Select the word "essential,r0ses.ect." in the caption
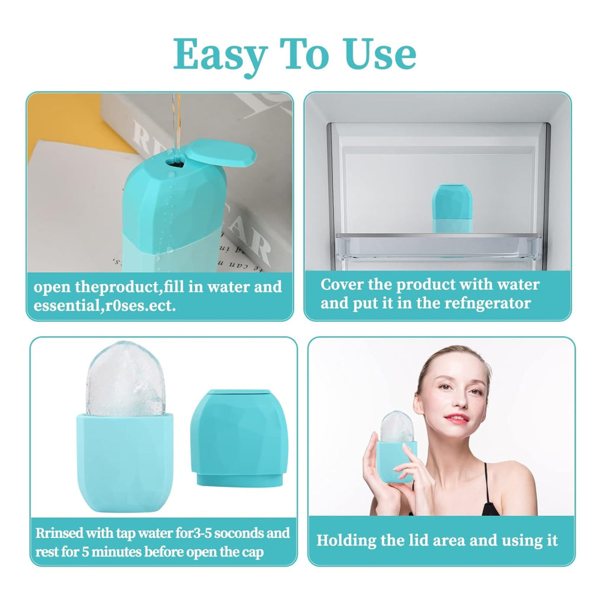105,307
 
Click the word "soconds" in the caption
237,533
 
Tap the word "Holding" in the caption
346,540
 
